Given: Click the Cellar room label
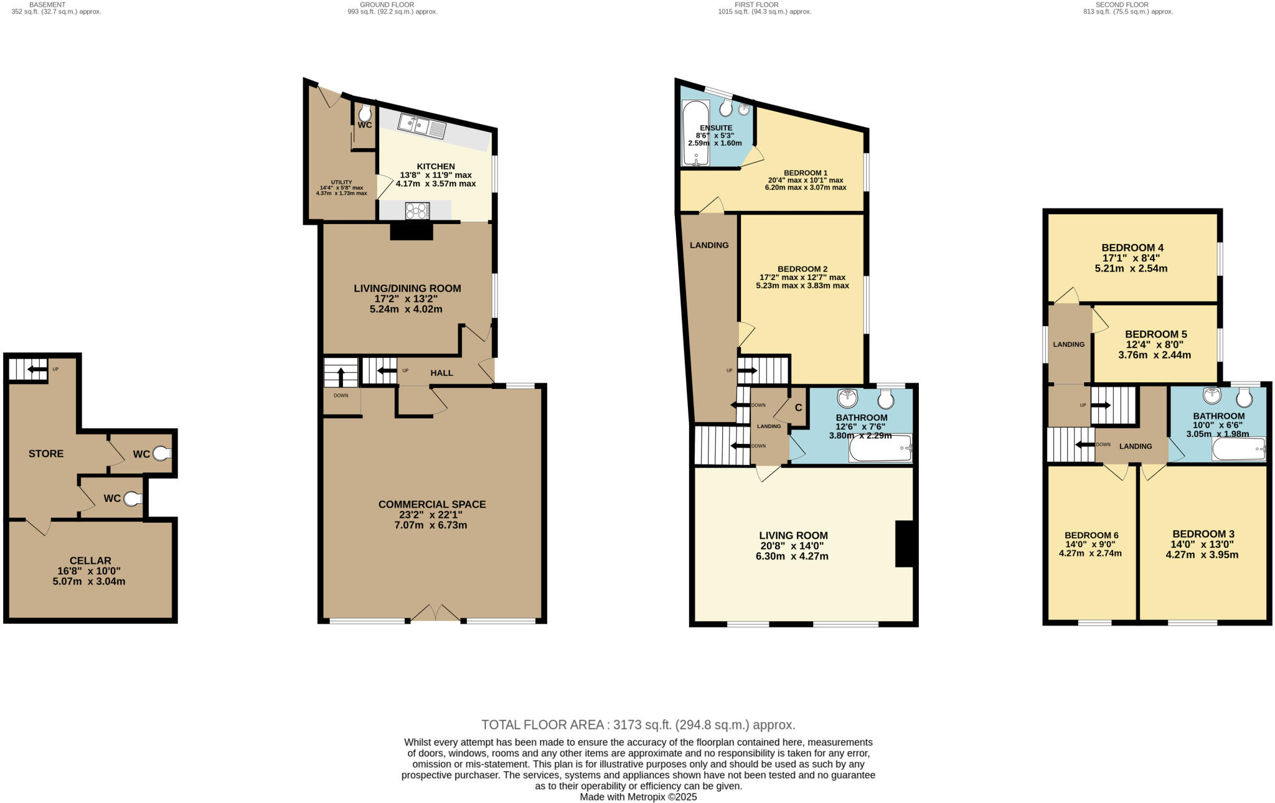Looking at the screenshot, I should coord(90,560).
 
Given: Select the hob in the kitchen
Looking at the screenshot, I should coord(417,211).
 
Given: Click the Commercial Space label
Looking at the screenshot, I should coord(432,504).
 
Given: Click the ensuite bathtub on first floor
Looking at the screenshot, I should coord(695,134).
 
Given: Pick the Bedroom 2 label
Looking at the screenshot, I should coord(802,269).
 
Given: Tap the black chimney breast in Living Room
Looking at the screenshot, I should coord(903,543).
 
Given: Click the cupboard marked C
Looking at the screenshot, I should coord(797,408).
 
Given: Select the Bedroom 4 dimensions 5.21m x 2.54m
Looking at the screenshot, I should coord(1131,269).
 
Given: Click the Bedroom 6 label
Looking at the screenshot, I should coord(1091,535).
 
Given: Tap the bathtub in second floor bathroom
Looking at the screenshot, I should coord(1238,449).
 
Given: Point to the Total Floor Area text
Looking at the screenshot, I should coord(638,725).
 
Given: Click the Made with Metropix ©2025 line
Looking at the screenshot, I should coord(638,797).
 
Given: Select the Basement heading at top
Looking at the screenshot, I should coord(47,4).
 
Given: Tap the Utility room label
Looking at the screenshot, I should coord(341,182).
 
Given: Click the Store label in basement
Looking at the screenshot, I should coord(46,453).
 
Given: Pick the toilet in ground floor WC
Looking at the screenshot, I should coord(365,113).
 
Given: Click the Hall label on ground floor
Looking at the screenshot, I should coord(441,373).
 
